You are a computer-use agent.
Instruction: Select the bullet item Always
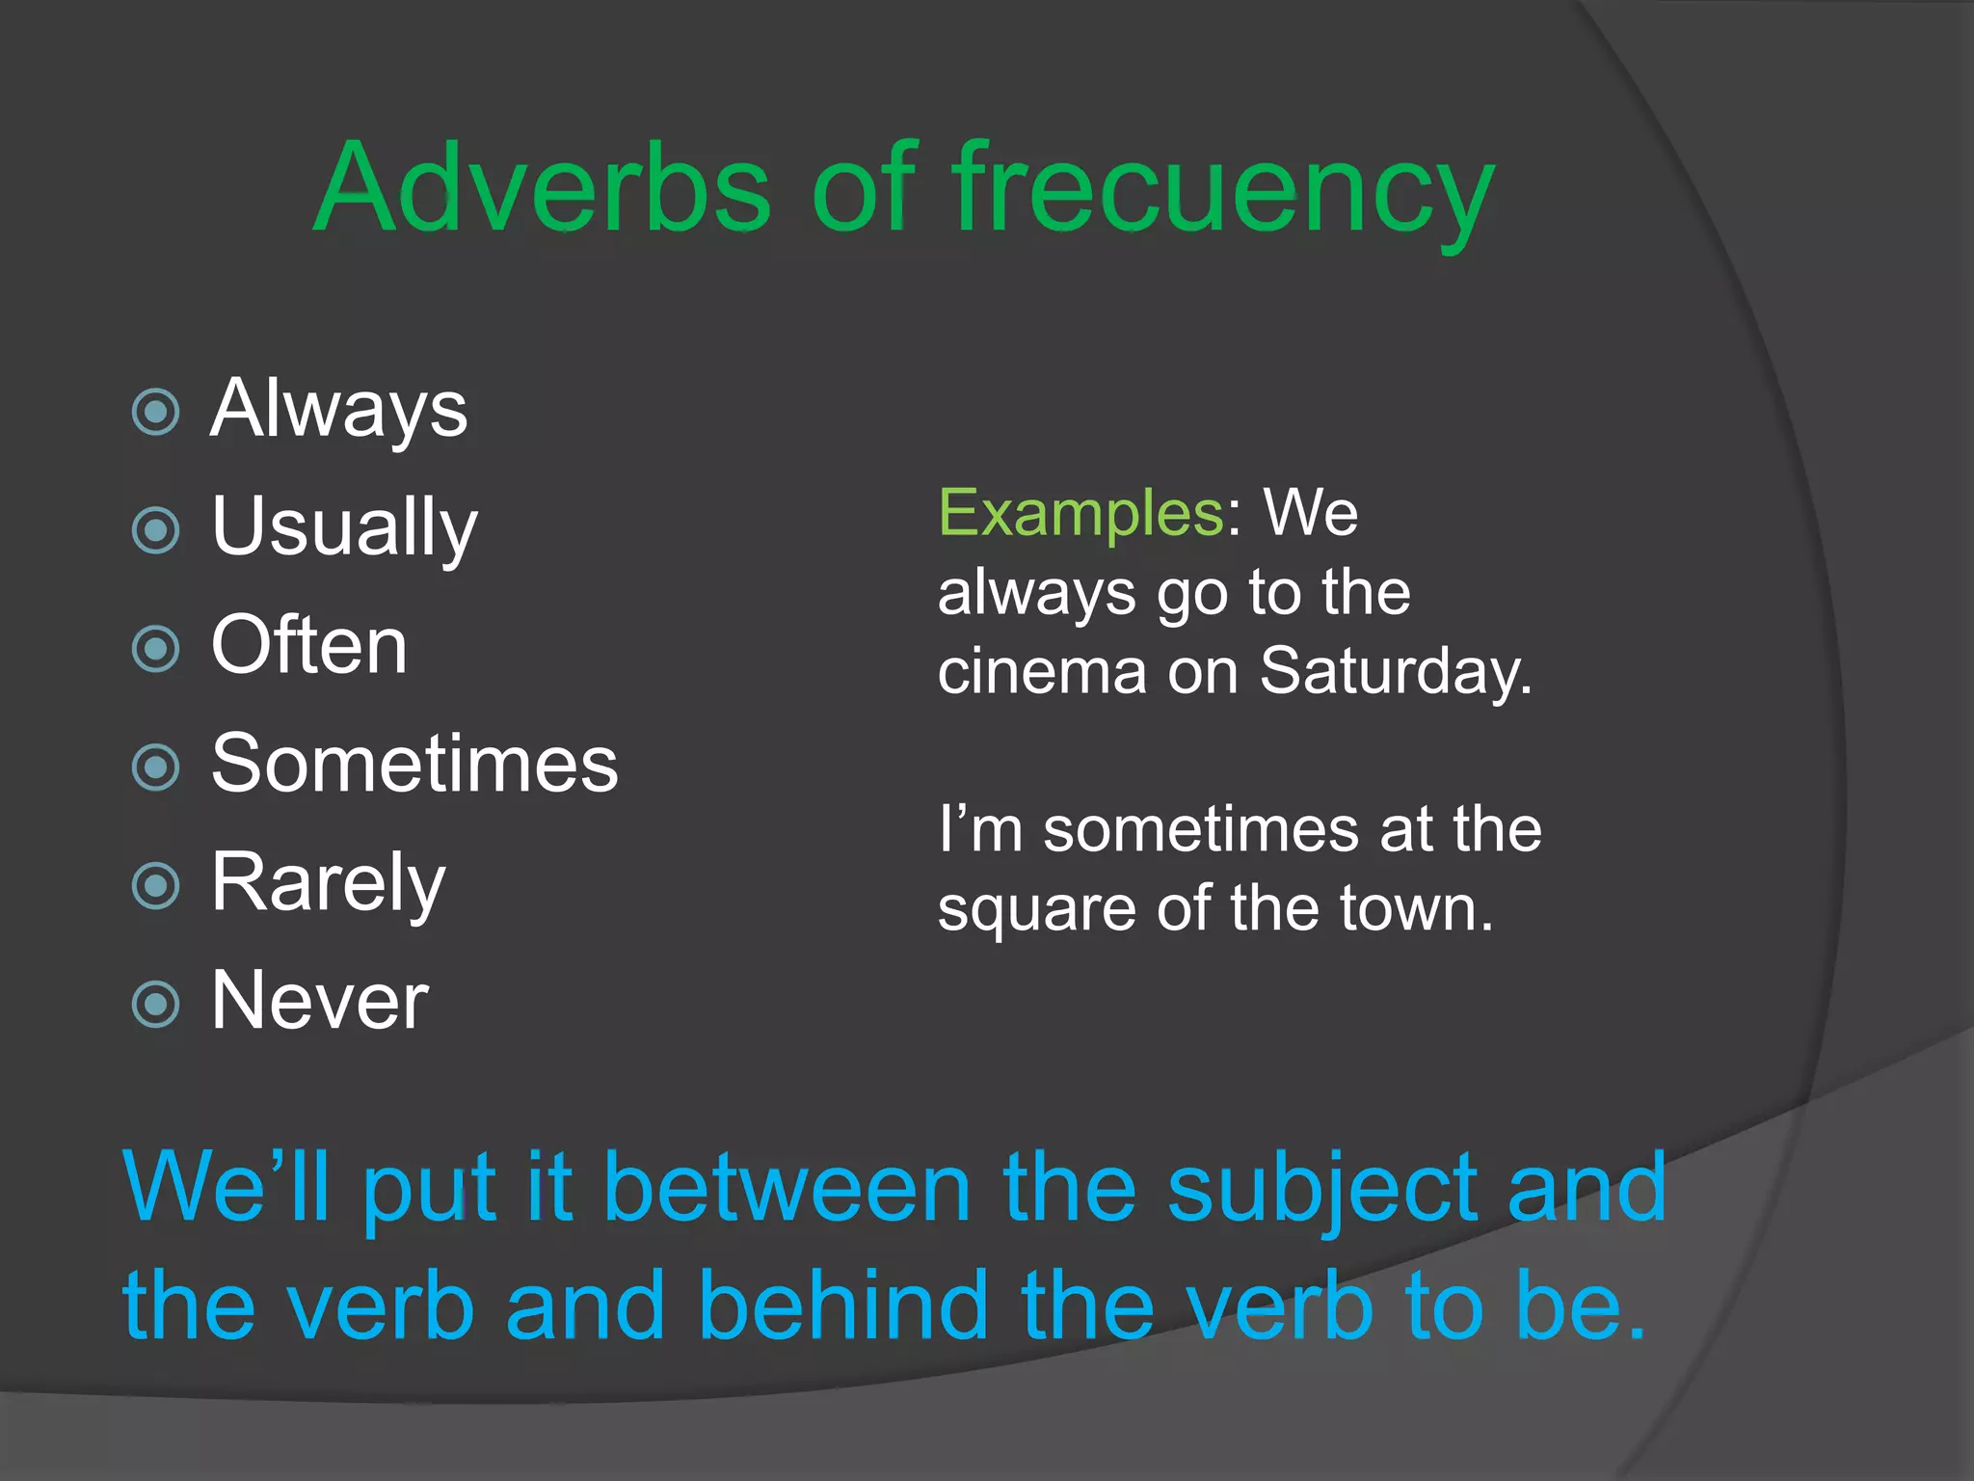tap(339, 409)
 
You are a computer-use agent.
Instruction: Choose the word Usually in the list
tap(344, 527)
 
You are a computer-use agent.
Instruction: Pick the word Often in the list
tap(309, 645)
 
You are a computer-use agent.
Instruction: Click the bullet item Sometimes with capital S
tap(414, 764)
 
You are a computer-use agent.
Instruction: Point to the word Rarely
tap(328, 882)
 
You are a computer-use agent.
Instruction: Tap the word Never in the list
tap(319, 1001)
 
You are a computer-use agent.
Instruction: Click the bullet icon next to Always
tap(155, 413)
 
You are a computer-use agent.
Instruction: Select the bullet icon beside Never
tap(155, 1005)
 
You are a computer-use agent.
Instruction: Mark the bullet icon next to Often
tap(155, 649)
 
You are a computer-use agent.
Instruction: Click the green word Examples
tap(1080, 513)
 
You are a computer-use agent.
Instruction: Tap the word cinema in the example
tap(1042, 671)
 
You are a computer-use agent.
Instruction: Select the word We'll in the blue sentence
tap(227, 1188)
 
